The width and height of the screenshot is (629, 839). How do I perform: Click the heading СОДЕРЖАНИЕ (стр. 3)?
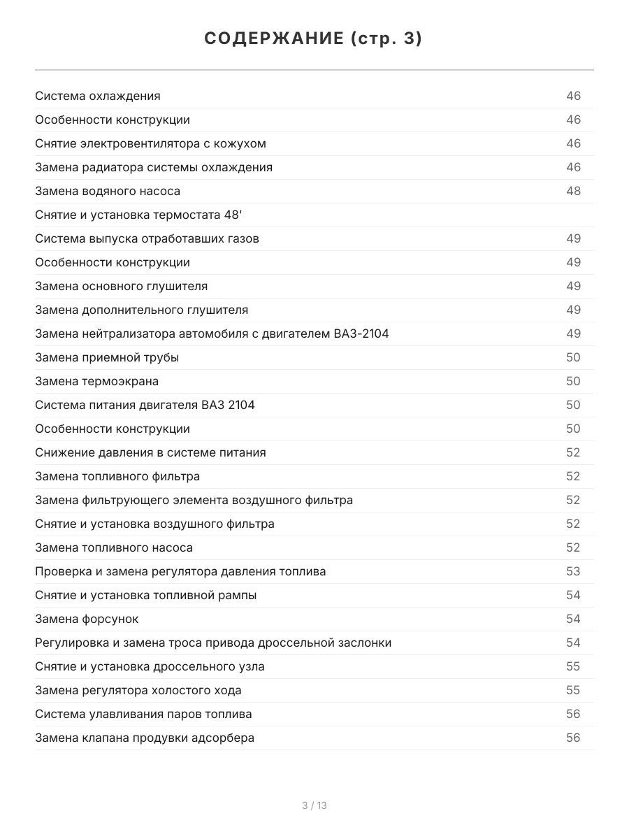click(314, 39)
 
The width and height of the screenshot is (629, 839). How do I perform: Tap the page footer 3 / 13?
click(314, 805)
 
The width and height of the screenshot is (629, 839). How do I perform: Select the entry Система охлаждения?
click(98, 96)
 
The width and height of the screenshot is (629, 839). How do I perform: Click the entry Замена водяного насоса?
click(108, 192)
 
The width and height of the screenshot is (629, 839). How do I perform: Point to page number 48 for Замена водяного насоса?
click(573, 192)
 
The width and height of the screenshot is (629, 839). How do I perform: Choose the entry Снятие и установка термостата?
click(138, 215)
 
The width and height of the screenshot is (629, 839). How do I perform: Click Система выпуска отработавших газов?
click(147, 239)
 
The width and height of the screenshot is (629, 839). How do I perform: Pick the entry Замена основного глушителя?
click(121, 287)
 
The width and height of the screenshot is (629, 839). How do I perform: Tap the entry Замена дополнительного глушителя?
click(141, 310)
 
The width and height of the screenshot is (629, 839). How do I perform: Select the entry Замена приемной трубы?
click(107, 358)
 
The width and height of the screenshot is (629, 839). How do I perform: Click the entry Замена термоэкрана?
click(96, 382)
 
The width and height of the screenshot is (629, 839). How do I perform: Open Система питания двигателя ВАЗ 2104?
click(145, 406)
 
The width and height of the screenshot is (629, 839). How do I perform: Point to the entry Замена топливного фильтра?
click(117, 477)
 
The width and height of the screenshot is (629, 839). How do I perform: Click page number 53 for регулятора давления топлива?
click(573, 572)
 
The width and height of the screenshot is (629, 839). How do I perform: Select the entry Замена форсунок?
click(87, 619)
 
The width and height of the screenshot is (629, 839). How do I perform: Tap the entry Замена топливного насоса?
click(114, 548)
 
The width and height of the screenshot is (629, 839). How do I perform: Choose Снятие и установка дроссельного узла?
click(150, 667)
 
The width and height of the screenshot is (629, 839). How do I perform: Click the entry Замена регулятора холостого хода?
click(138, 691)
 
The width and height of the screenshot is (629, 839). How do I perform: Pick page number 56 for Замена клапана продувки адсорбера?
click(573, 738)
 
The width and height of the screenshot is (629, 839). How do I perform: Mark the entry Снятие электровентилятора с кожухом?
click(150, 144)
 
